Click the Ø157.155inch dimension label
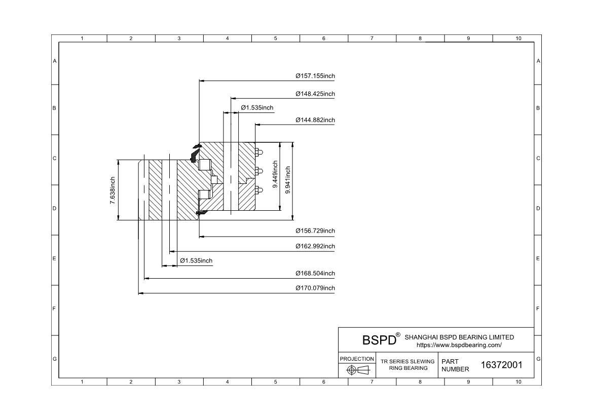pos(315,76)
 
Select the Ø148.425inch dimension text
pos(315,94)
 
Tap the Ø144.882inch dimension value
pos(315,120)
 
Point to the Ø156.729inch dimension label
pos(315,231)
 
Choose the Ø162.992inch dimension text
pos(315,246)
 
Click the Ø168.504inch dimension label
pos(315,273)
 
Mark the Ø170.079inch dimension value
pos(315,288)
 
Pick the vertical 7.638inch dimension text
pos(113,191)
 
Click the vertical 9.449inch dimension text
pos(275,175)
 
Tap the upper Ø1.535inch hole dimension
pos(257,107)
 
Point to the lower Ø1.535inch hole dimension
pos(196,260)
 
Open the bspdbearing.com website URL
pos(459,345)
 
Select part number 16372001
pos(501,365)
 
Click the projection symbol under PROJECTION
pos(357,370)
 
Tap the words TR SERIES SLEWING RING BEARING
pos(407,365)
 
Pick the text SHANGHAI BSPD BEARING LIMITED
pos(459,337)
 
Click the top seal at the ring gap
pos(196,151)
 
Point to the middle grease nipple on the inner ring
pos(258,171)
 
